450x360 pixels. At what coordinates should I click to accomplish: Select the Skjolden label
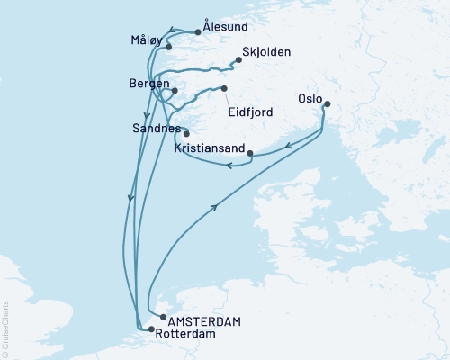pos(265,52)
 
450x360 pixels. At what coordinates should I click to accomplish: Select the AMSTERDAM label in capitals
pos(205,320)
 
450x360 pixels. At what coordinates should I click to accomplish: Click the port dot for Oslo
pos(326,103)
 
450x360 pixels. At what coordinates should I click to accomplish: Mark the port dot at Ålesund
pos(197,32)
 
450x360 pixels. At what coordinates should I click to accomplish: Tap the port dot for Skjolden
pos(238,61)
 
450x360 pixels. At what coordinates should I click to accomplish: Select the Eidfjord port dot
pos(224,88)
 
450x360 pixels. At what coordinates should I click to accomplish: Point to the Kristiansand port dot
pos(249,152)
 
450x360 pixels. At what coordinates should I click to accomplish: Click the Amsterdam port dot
pos(162,318)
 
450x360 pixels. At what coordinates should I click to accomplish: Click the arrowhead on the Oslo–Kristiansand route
pos(285,144)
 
